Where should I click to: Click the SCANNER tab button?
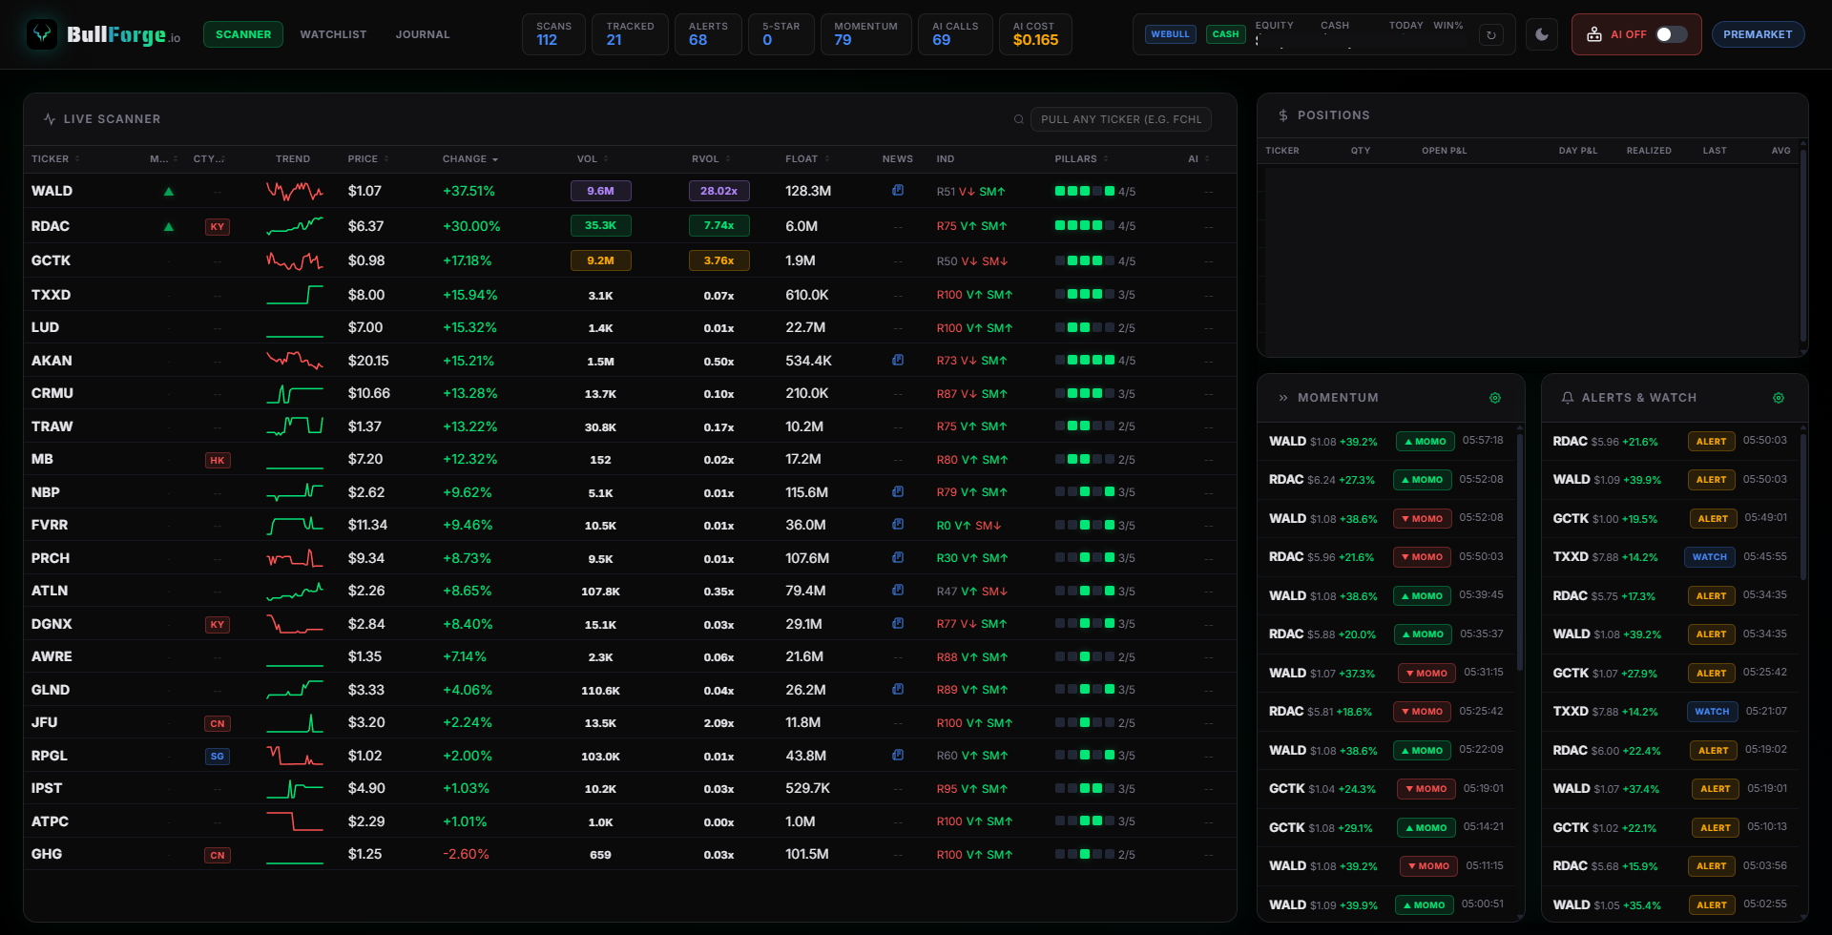click(x=243, y=34)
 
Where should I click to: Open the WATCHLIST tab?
click(x=333, y=34)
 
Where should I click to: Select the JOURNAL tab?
click(x=423, y=34)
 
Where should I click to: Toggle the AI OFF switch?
click(x=1670, y=34)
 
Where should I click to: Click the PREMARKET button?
click(x=1758, y=34)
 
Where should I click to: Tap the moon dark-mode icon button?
click(x=1542, y=34)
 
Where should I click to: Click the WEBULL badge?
click(x=1170, y=34)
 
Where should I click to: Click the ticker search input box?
click(x=1121, y=119)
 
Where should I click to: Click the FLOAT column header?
click(x=801, y=158)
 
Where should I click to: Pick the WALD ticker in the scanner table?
click(x=52, y=191)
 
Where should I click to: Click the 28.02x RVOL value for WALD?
click(x=718, y=191)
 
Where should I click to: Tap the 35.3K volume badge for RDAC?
click(x=600, y=226)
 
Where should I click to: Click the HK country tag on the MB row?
click(x=218, y=460)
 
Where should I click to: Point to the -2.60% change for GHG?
click(x=466, y=854)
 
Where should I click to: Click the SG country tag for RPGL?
click(x=218, y=756)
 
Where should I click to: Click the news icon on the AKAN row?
click(x=898, y=361)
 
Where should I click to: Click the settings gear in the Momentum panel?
click(x=1495, y=398)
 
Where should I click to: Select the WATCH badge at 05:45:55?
click(x=1710, y=557)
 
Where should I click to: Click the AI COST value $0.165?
click(x=1035, y=40)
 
